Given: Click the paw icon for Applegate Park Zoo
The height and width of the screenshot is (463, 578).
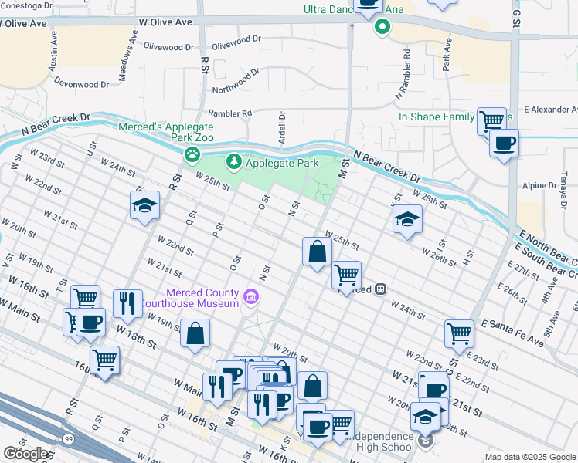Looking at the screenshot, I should pos(192,155).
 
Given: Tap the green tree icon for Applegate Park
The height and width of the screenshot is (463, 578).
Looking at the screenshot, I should pos(233,163).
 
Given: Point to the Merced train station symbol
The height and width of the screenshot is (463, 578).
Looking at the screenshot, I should pos(379,289).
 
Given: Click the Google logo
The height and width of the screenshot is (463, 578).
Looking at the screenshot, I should pos(25,454).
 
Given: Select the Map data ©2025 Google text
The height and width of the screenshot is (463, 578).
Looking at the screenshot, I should pos(529,457).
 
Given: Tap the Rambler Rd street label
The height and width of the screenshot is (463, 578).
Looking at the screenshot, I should pos(225,113).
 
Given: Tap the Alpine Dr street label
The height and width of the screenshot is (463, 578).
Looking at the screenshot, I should pos(535,185).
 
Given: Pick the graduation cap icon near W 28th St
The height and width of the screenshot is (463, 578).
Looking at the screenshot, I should pos(407,219).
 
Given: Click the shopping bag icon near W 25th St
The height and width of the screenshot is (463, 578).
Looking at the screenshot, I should pos(317,252).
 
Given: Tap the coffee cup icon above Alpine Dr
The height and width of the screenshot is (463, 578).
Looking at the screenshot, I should pos(504,144).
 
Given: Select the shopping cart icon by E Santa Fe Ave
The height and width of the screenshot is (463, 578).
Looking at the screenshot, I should pos(459,334).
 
